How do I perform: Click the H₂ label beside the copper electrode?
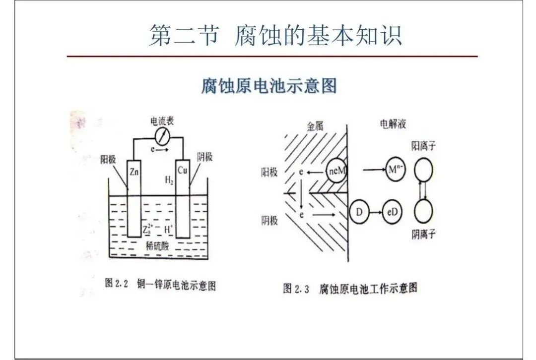(169, 181)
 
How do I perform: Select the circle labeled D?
(359, 211)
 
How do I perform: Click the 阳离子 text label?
(424, 146)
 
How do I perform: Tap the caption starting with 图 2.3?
(350, 288)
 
